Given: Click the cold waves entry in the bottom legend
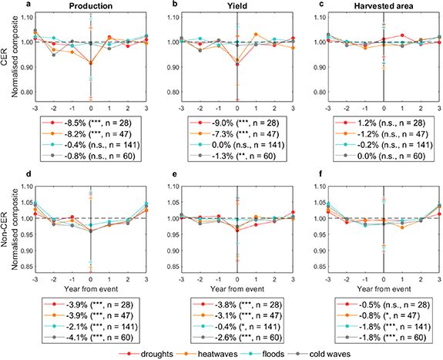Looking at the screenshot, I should (334, 353).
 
